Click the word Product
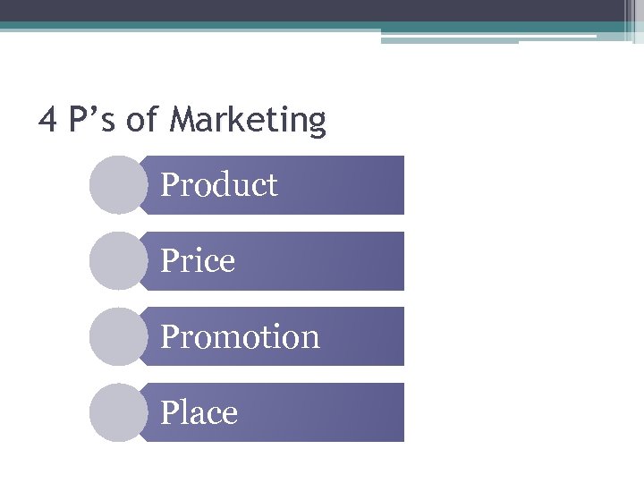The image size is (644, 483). point(219,185)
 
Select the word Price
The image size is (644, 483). point(198,261)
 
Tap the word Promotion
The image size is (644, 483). point(240,337)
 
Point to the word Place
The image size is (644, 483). point(199,413)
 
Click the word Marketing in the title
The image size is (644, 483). point(247,120)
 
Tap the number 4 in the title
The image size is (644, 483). point(47,119)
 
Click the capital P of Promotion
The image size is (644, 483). point(170,337)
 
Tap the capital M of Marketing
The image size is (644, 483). point(182,119)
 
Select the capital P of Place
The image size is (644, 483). point(170,413)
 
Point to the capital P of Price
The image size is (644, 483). point(170,261)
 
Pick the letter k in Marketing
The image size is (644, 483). point(233,119)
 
